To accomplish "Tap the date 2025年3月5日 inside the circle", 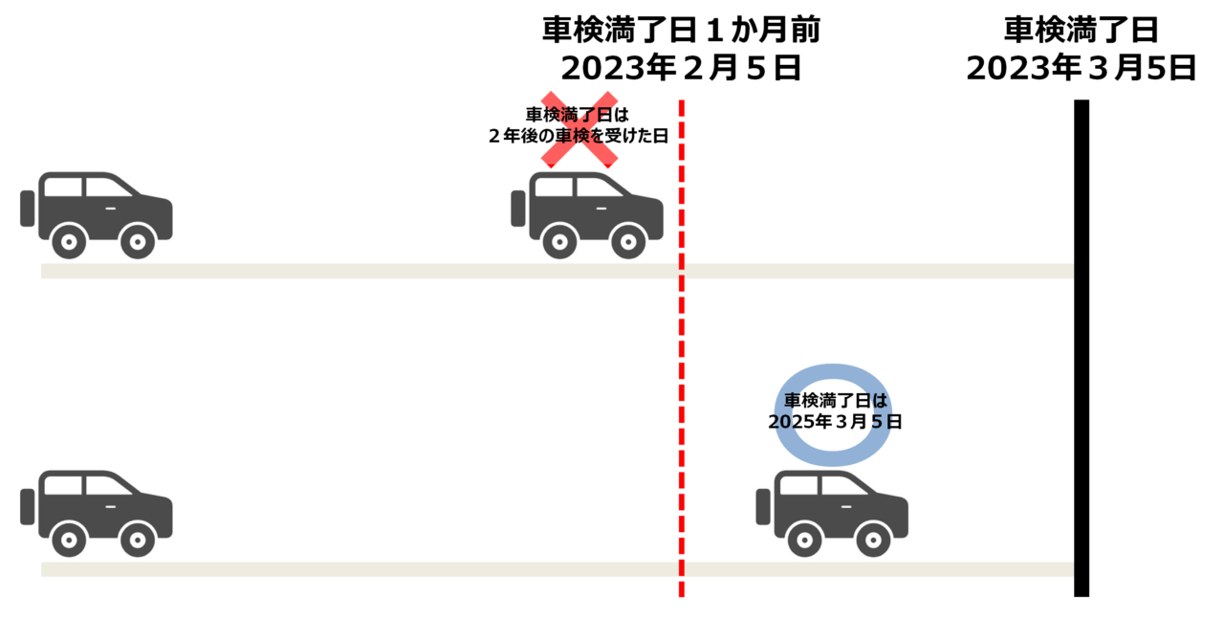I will click(835, 421).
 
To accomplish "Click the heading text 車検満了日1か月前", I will click(680, 31).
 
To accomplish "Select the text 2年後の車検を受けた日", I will click(578, 136).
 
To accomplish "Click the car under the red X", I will click(587, 213).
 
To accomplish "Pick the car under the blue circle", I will click(832, 512).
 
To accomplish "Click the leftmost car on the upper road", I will click(97, 213).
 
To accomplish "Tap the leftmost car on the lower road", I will click(97, 512).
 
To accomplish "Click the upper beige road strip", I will click(382, 271).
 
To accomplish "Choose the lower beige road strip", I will click(382, 569).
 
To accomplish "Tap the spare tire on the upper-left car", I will click(28, 209).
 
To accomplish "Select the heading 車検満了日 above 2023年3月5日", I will click(1081, 31).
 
